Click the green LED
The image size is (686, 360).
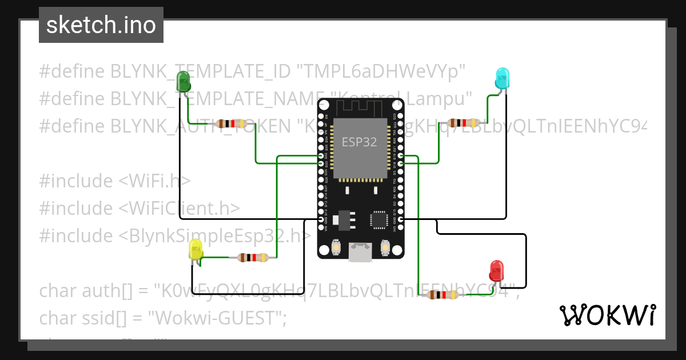pos(184,81)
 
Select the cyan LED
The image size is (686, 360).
pos(501,78)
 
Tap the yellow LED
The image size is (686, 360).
pos(196,250)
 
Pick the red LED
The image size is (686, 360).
pos(496,270)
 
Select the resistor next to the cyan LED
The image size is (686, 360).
pos(464,122)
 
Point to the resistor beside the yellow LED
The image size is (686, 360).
pos(252,258)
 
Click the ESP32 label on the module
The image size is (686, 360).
pos(359,142)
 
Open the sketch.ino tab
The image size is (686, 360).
pos(101,25)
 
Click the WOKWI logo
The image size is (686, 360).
pos(607,315)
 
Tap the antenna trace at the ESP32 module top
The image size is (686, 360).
pos(360,107)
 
